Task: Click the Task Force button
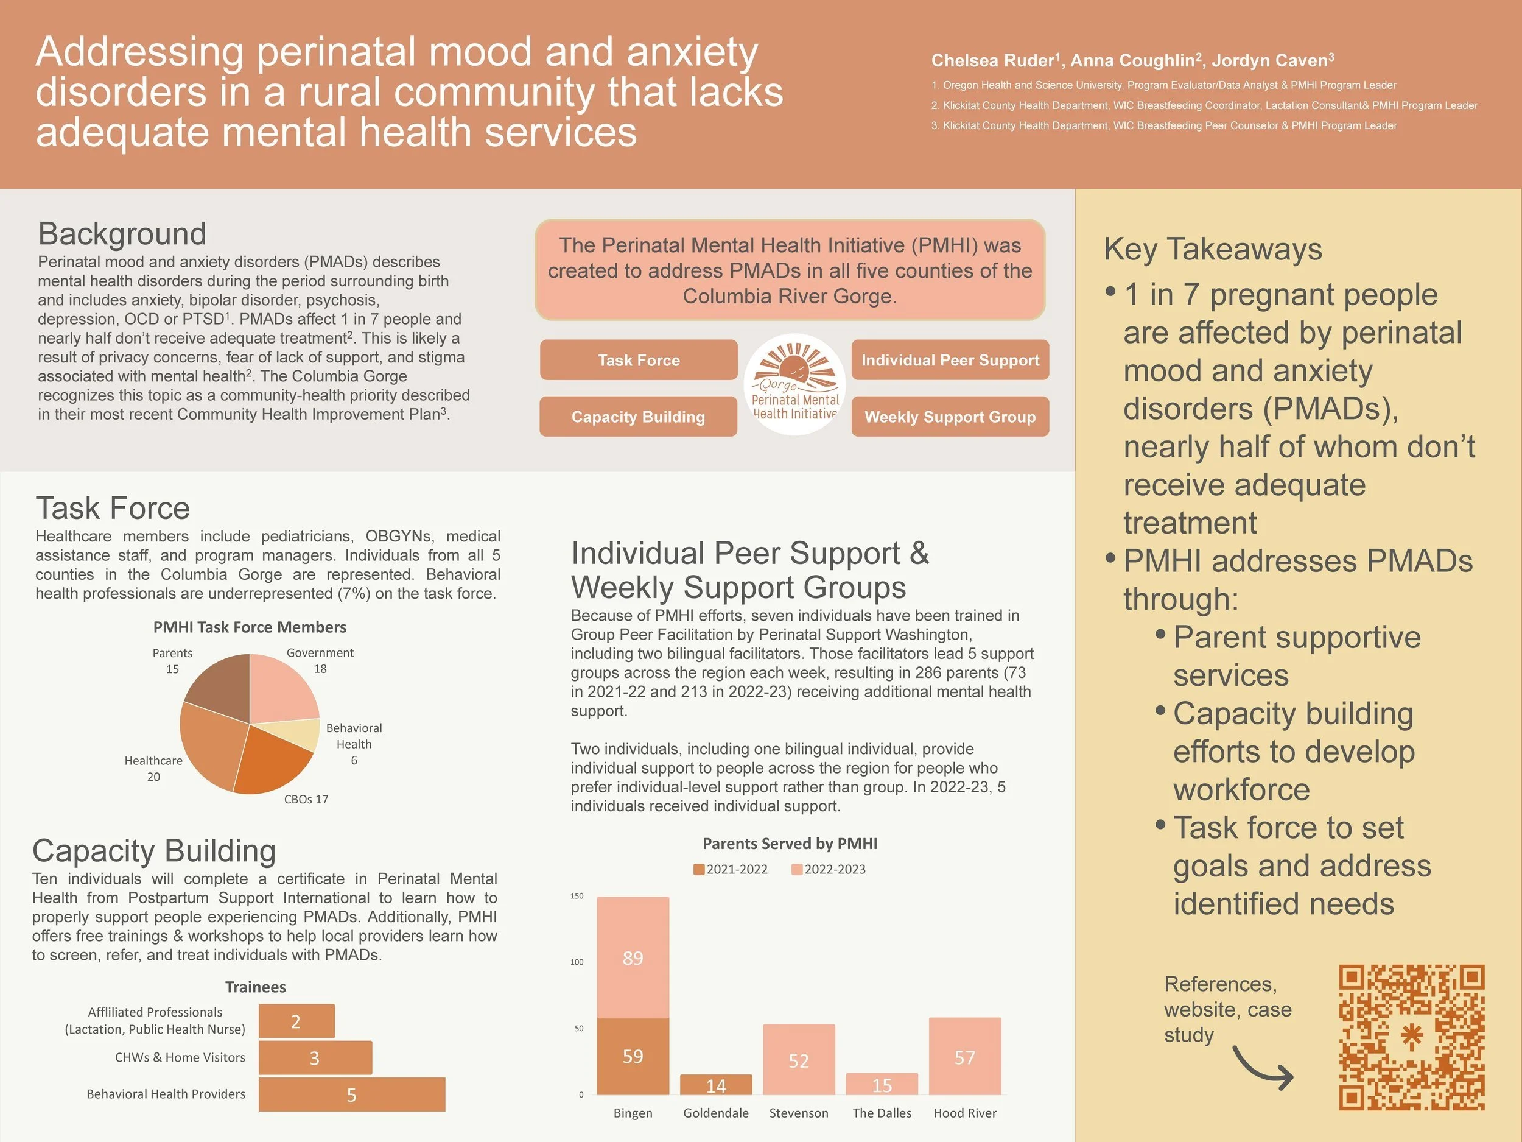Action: pyautogui.click(x=638, y=360)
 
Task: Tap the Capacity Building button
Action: pyautogui.click(x=638, y=417)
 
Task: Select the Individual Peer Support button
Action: pyautogui.click(x=950, y=360)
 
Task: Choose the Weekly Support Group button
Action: pyautogui.click(x=950, y=417)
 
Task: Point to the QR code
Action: pyautogui.click(x=1411, y=1037)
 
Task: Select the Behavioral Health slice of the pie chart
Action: pyautogui.click(x=303, y=735)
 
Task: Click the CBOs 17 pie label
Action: pyautogui.click(x=306, y=799)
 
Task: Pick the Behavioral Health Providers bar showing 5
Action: pyautogui.click(x=352, y=1094)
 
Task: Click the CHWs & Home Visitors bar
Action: pyautogui.click(x=315, y=1058)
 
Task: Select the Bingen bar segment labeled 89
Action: pyautogui.click(x=633, y=957)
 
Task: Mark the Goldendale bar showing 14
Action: pyautogui.click(x=715, y=1085)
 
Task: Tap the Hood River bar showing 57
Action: pyautogui.click(x=965, y=1057)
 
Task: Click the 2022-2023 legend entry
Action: pyautogui.click(x=829, y=869)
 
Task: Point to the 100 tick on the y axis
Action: pyautogui.click(x=577, y=962)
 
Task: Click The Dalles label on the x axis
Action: pyautogui.click(x=882, y=1113)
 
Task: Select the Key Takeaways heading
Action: pyautogui.click(x=1212, y=249)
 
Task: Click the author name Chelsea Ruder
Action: pyautogui.click(x=993, y=60)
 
